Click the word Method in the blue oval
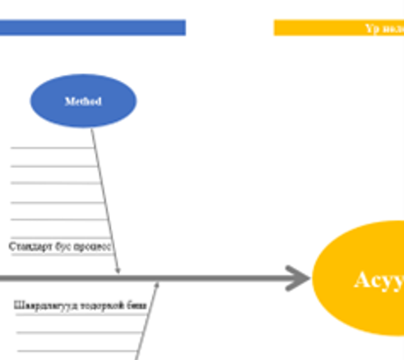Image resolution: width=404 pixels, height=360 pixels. click(83, 101)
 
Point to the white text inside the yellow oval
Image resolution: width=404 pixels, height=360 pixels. click(379, 280)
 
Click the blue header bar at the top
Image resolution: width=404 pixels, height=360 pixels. click(92, 28)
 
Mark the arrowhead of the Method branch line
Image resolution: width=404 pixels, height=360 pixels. click(118, 270)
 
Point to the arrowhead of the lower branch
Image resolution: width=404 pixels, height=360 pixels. click(156, 284)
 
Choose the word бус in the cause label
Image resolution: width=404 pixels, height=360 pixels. click(62, 246)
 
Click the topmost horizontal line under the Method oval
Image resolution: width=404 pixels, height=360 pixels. click(52, 148)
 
